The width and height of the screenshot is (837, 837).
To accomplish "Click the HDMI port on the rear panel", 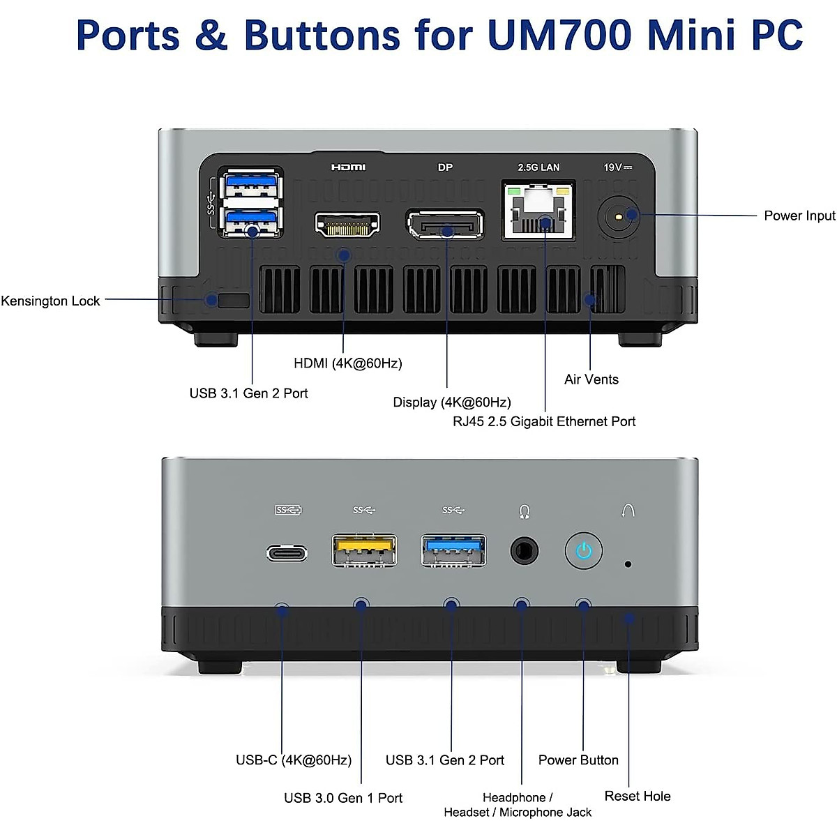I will [347, 225].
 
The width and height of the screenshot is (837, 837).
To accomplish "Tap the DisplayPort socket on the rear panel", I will [445, 225].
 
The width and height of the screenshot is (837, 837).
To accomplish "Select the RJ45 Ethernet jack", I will [538, 210].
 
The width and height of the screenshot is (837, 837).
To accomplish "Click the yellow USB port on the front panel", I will [364, 550].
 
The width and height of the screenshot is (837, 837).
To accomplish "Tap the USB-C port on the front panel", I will [287, 554].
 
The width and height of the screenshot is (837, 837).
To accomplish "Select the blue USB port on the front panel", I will [453, 550].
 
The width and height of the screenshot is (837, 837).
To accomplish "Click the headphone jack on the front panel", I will [525, 551].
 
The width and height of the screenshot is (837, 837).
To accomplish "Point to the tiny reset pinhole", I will [628, 564].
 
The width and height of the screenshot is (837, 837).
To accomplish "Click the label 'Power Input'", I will [799, 216].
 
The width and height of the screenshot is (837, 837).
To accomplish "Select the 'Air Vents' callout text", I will [591, 379].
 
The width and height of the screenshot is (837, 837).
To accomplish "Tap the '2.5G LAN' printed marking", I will [538, 167].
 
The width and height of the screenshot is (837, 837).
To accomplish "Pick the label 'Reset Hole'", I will [638, 796].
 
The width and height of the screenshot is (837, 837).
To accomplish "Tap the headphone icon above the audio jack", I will [525, 512].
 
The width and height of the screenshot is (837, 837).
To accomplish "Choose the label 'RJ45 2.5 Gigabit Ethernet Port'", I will [544, 421].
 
